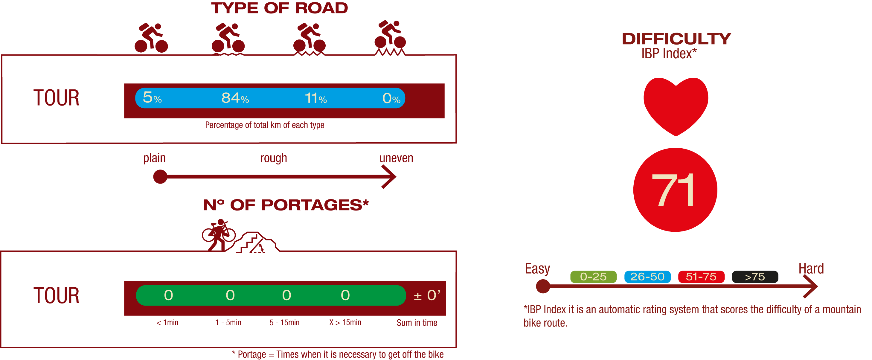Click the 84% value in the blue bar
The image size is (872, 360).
pyautogui.click(x=235, y=98)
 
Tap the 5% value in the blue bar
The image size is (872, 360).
pyautogui.click(x=152, y=98)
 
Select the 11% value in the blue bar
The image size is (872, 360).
pyautogui.click(x=315, y=98)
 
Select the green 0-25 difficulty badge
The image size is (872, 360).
pyautogui.click(x=593, y=277)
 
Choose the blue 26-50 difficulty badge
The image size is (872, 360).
pyautogui.click(x=647, y=277)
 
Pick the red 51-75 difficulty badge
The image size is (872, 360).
pyautogui.click(x=701, y=277)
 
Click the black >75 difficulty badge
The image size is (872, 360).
pyautogui.click(x=754, y=277)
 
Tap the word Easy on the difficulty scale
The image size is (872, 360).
pyautogui.click(x=537, y=269)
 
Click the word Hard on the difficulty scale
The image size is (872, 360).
pyautogui.click(x=811, y=269)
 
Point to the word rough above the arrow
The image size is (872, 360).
pyautogui.click(x=274, y=158)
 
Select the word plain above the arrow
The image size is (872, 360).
pyautogui.click(x=154, y=158)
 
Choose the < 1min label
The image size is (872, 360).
pyautogui.click(x=167, y=322)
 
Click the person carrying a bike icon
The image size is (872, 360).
pyautogui.click(x=218, y=235)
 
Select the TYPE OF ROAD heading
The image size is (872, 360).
pyautogui.click(x=279, y=8)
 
